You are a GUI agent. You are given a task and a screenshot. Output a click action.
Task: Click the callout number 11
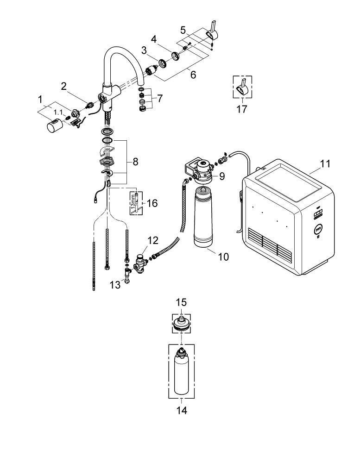(325, 163)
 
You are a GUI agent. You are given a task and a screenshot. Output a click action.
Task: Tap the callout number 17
(241, 109)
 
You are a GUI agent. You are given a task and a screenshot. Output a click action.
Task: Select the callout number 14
(182, 410)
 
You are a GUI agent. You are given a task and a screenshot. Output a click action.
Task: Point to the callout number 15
(182, 302)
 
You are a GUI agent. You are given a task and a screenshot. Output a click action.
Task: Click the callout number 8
(135, 162)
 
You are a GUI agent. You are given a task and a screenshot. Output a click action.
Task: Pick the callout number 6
(193, 75)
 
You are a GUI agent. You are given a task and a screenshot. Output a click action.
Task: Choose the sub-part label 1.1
(58, 112)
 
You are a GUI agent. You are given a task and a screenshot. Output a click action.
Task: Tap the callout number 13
(115, 285)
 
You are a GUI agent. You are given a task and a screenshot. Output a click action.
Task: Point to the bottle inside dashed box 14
(182, 371)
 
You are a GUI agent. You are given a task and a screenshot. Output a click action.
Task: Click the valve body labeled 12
(141, 262)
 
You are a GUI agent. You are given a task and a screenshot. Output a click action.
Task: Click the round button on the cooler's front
(318, 228)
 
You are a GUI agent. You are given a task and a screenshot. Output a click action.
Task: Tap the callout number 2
(64, 87)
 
